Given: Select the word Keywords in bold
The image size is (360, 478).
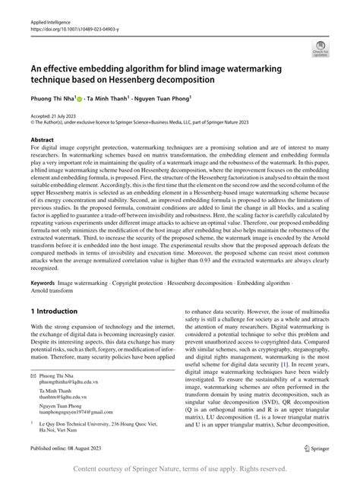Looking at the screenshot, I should [43, 261].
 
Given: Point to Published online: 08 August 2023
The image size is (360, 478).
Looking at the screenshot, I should [73, 448].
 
